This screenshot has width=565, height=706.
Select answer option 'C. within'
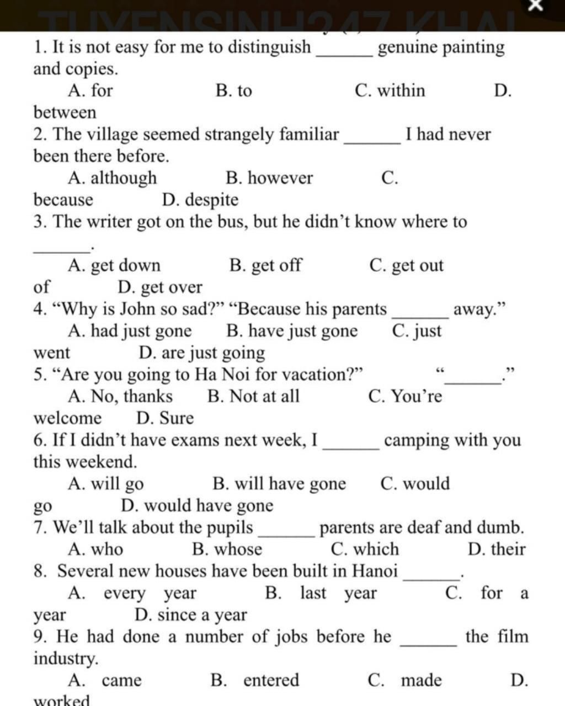390,90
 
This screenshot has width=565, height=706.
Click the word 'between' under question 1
65,113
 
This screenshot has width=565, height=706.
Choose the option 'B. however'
269,178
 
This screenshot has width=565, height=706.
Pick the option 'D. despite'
200,200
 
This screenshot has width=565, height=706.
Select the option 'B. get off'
265,265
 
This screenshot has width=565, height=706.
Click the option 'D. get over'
160,287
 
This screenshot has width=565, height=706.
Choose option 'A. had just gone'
130,331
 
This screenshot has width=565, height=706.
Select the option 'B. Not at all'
253,396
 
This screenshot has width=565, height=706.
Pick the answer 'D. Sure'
165,418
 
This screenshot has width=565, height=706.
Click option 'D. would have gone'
197,505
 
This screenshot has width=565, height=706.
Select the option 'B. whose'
227,549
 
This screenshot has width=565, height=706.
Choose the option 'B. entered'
255,680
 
